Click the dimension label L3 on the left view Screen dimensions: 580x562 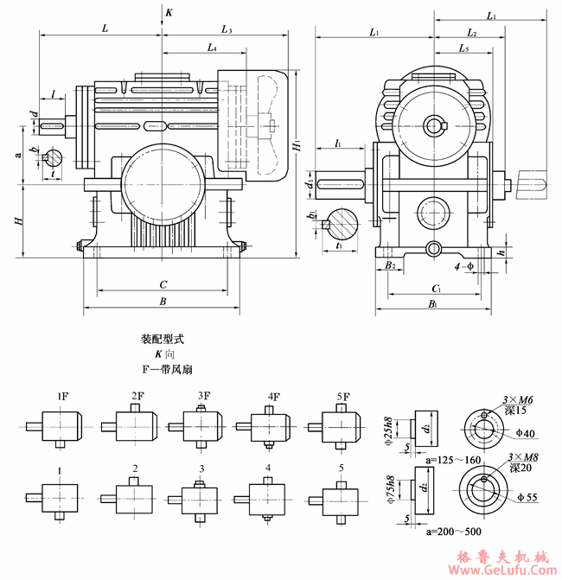click(227, 30)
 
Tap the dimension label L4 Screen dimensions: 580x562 click(212, 49)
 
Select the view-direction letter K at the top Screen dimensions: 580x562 click(169, 13)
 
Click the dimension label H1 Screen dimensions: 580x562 click(297, 148)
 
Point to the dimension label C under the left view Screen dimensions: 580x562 click(163, 283)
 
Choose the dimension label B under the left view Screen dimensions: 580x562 click(163, 302)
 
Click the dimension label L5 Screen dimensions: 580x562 click(464, 50)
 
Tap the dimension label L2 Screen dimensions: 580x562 click(472, 33)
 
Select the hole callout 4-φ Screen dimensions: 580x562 click(468, 266)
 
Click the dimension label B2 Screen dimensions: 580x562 click(391, 266)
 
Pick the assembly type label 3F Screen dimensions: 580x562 click(203, 397)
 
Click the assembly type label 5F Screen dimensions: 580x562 click(343, 397)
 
